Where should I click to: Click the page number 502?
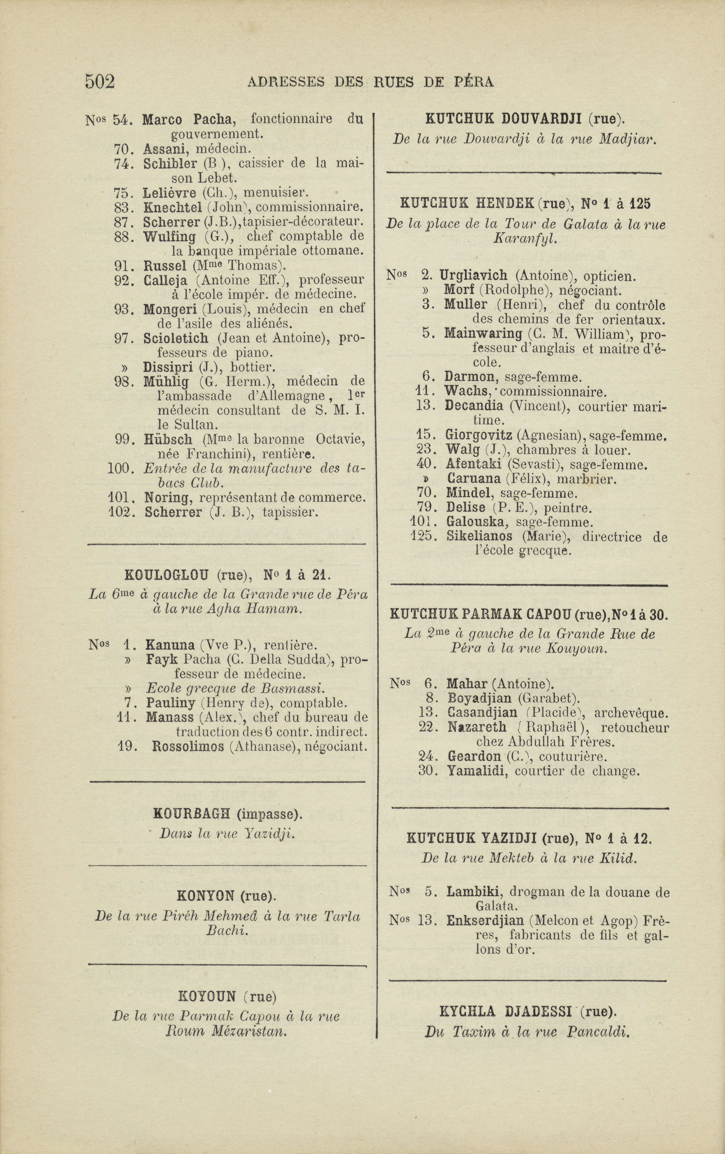(100, 81)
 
